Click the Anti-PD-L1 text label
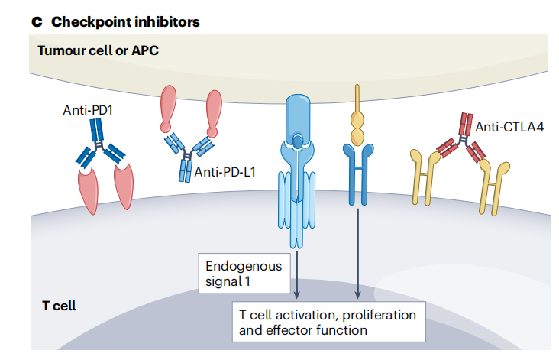click(x=225, y=172)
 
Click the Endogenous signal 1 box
click(x=244, y=274)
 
